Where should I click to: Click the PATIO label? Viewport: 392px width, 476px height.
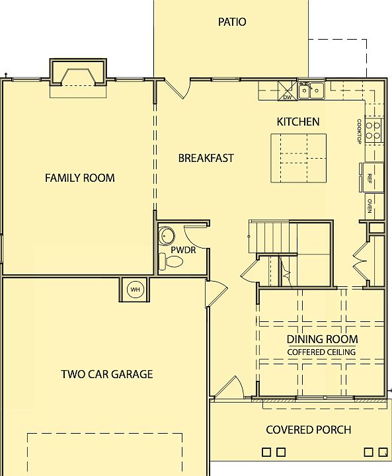click(x=232, y=22)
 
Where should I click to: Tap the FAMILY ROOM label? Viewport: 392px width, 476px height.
click(x=79, y=178)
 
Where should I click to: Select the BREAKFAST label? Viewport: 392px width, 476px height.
click(x=206, y=158)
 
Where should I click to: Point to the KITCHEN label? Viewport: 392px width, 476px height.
click(x=297, y=122)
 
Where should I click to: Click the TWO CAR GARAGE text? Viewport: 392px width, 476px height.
click(x=106, y=374)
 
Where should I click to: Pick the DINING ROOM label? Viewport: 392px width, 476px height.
click(x=321, y=340)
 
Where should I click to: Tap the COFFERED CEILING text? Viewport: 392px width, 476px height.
click(x=321, y=352)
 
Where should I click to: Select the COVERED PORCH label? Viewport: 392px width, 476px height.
click(x=308, y=430)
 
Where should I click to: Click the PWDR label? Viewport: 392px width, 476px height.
click(x=182, y=251)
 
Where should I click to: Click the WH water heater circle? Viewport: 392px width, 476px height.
click(x=135, y=290)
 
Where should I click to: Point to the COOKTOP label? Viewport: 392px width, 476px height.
click(x=359, y=131)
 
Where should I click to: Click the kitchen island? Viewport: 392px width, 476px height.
click(x=299, y=158)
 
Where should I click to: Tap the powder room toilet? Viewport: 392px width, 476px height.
click(x=172, y=262)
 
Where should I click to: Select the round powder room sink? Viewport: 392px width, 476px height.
click(x=166, y=235)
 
